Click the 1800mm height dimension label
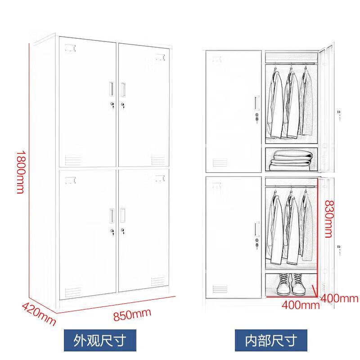coord(21,172)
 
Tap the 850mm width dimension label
coord(132,314)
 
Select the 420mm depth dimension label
coord(39,314)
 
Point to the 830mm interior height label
coord(329,219)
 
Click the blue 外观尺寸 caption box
coord(100,340)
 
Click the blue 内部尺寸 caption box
coord(271,340)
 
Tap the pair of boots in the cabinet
coord(291,284)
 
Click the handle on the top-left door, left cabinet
coord(112,89)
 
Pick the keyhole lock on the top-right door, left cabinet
coord(123,105)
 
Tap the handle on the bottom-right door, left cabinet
coord(123,216)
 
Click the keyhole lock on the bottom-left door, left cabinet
coord(112,232)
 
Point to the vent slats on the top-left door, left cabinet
coord(73,160)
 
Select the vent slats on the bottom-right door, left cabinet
coord(158,282)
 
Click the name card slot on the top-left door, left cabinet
coord(70,48)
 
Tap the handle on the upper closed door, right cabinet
coord(257,103)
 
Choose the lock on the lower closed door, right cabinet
coord(257,243)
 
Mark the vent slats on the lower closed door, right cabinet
coord(220,288)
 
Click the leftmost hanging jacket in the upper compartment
coord(274,104)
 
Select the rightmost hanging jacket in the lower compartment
coord(307,226)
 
